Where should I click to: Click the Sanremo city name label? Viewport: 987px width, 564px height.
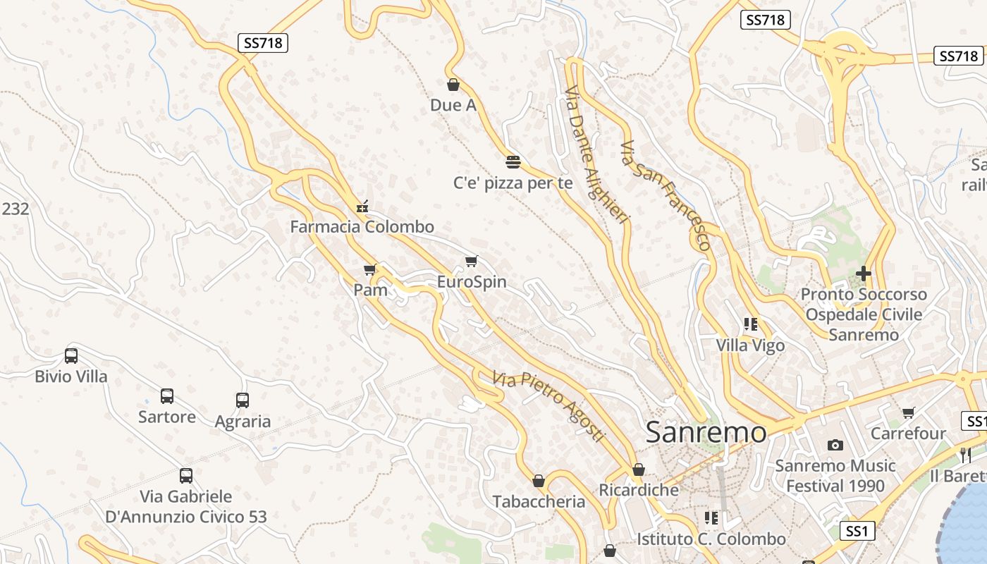click(706, 432)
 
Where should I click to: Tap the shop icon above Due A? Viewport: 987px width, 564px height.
click(453, 85)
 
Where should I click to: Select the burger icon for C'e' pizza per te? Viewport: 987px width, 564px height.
click(513, 161)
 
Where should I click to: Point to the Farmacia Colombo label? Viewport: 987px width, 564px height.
click(362, 227)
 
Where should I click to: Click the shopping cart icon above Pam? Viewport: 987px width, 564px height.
click(370, 269)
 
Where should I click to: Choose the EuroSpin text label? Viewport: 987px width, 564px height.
click(472, 282)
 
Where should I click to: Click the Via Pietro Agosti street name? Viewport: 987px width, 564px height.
click(549, 406)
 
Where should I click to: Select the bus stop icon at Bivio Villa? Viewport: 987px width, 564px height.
click(71, 356)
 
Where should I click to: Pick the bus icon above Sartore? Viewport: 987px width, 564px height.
click(167, 396)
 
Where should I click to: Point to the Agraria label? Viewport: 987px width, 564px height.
click(243, 422)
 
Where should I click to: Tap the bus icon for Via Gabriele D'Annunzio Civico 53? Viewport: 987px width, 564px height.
click(186, 476)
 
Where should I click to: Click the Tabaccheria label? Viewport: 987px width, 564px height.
click(539, 502)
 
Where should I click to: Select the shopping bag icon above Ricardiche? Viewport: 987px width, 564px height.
click(639, 470)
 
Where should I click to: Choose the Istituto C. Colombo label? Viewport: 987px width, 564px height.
click(711, 539)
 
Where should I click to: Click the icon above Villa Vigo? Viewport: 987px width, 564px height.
click(751, 325)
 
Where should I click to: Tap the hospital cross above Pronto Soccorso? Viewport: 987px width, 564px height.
click(864, 274)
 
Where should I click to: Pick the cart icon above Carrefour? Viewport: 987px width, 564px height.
click(908, 413)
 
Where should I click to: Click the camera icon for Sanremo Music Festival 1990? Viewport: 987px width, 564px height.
click(835, 445)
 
